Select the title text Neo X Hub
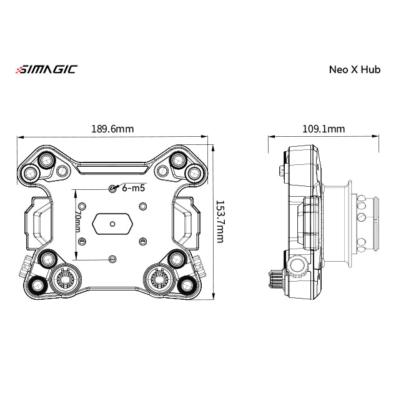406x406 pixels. [x=354, y=69]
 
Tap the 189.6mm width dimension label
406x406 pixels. [x=112, y=129]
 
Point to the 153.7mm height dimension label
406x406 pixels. [x=220, y=222]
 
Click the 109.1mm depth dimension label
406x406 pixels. [x=323, y=129]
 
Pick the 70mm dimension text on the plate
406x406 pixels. [x=78, y=222]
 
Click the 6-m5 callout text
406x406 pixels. [x=134, y=187]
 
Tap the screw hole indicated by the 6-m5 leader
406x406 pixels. [x=112, y=189]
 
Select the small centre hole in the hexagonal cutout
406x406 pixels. [x=112, y=223]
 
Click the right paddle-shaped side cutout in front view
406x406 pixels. [x=187, y=222]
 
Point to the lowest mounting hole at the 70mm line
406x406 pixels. [x=112, y=258]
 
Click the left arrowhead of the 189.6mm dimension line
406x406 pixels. [x=19, y=137]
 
